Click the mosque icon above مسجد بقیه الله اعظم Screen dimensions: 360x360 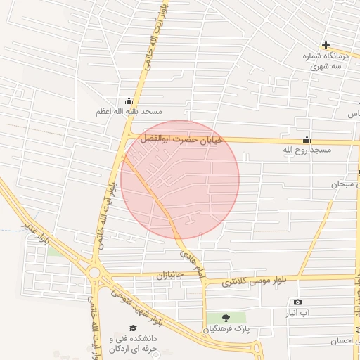(x=128, y=101)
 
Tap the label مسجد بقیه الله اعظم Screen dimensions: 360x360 (x=130, y=112)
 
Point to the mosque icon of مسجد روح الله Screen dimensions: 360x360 (x=307, y=139)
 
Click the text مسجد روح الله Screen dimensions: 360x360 (x=307, y=150)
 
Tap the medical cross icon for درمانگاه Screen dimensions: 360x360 (x=326, y=46)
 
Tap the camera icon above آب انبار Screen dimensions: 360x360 (x=297, y=302)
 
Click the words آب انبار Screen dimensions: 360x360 (x=297, y=312)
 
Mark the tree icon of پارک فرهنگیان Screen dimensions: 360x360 (x=226, y=319)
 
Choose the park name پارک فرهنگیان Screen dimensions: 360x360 (x=226, y=329)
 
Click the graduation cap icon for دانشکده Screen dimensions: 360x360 (x=133, y=328)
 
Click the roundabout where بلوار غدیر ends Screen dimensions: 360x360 (x=94, y=272)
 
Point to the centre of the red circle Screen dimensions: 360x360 (x=180, y=179)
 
